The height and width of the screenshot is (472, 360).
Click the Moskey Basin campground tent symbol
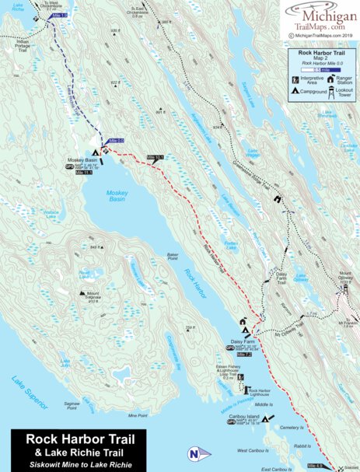96,153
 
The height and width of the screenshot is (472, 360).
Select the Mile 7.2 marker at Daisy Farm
243,354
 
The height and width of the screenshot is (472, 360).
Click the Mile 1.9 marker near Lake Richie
58,16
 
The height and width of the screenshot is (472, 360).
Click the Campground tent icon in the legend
295,93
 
